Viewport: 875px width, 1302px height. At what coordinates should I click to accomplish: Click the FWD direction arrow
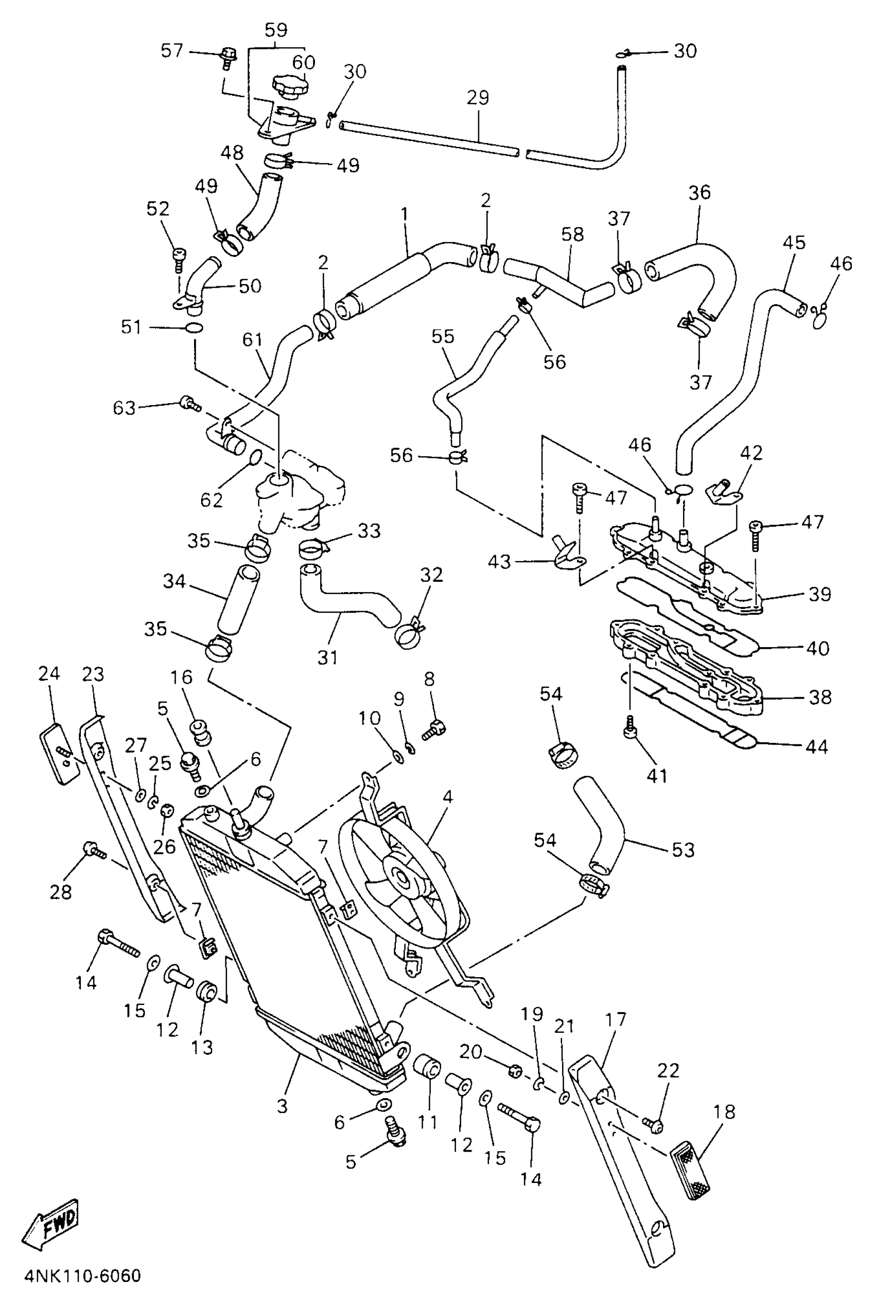50,1223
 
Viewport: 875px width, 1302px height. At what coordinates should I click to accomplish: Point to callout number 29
478,98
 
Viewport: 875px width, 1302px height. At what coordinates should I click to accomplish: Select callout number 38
820,697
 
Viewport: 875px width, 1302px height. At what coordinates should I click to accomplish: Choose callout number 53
683,850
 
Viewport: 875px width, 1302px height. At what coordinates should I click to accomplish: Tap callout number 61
252,339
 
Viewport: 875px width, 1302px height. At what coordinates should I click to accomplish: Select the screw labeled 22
652,1122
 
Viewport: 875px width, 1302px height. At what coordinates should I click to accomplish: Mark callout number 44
817,747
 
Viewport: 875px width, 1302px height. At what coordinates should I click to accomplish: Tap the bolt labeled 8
433,730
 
